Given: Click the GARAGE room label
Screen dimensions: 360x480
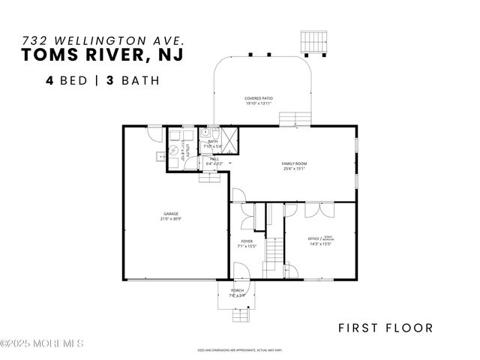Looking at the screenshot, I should click(x=172, y=213).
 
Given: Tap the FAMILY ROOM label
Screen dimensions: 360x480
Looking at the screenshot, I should click(x=294, y=163).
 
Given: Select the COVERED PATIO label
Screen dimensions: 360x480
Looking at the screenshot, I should click(x=259, y=98).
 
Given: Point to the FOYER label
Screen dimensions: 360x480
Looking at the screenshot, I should click(x=247, y=241).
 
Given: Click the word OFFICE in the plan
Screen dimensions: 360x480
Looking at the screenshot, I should click(x=313, y=239).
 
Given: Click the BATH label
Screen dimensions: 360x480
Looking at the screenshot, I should click(x=213, y=141).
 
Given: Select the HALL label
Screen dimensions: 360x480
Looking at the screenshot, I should click(x=214, y=158).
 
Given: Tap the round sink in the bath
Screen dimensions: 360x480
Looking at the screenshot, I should click(x=204, y=131).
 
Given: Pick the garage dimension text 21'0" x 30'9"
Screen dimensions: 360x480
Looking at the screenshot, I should click(x=172, y=219).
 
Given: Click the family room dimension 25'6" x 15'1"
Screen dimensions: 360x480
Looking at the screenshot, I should click(x=294, y=169).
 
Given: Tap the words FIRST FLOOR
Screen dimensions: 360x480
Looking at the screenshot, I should click(x=385, y=327).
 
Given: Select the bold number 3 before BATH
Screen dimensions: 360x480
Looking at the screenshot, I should click(x=108, y=79).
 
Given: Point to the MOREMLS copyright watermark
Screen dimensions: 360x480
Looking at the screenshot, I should click(x=42, y=343).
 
